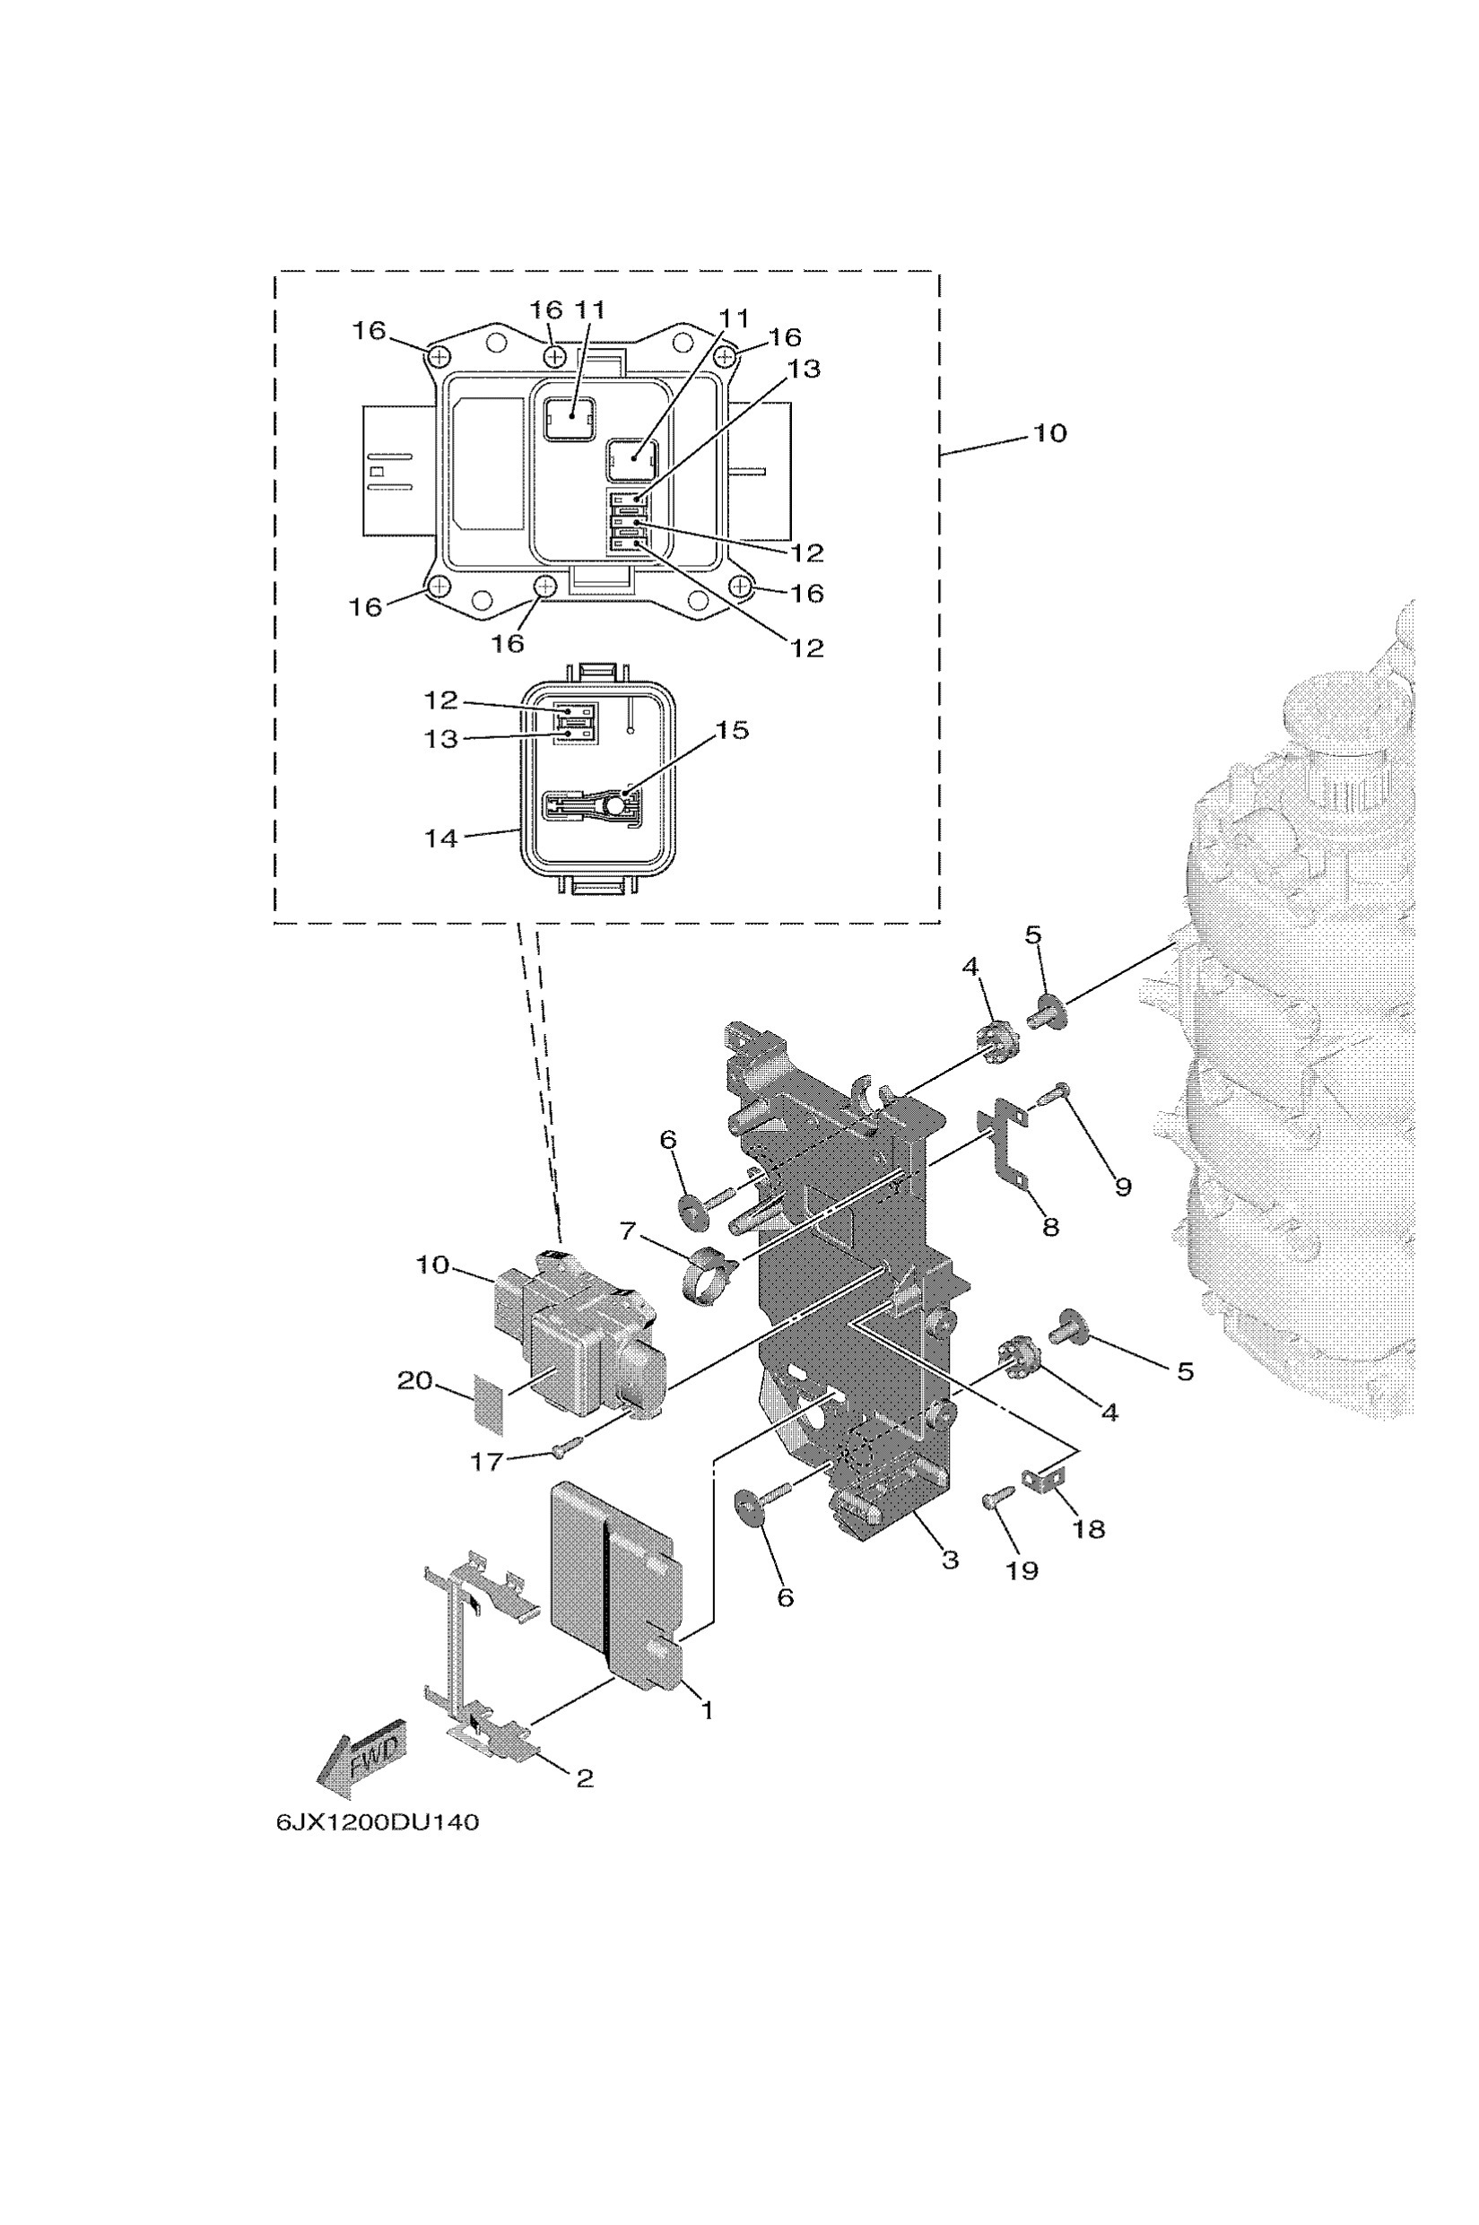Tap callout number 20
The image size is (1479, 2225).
pos(414,1381)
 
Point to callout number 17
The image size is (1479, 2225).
pos(487,1462)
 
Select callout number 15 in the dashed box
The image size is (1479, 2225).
pos(731,730)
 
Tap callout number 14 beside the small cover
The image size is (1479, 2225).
pos(440,838)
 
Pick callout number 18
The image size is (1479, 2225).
pos(1089,1528)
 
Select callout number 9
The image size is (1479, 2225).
pos(1122,1186)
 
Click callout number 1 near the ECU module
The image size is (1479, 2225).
pos(707,1708)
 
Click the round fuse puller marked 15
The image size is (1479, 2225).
pos(615,804)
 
